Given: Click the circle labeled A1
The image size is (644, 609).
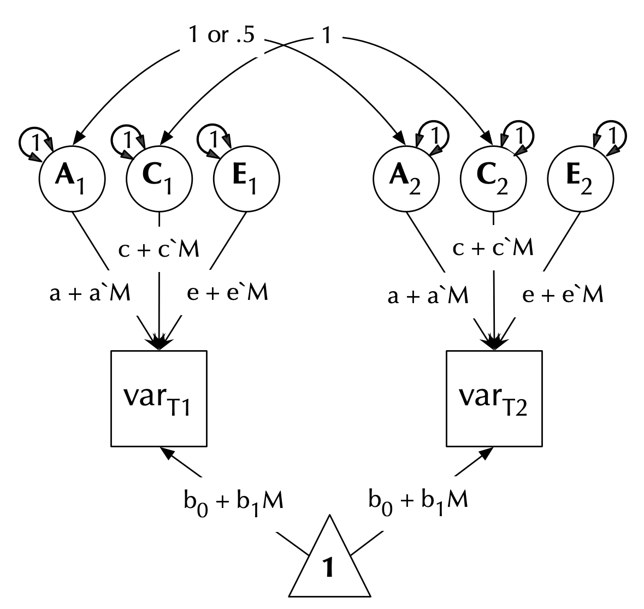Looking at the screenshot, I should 72,180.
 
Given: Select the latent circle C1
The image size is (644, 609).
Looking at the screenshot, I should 159,180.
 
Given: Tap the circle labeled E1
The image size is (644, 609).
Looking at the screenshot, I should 246,180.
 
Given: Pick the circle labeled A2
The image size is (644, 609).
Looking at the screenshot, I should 406,180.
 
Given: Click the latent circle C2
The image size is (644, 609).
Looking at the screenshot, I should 493,180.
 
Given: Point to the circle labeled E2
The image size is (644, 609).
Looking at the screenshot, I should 581,180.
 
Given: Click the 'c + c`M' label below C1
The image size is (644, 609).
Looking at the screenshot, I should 159,249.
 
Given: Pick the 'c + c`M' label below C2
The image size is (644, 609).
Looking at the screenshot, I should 493,249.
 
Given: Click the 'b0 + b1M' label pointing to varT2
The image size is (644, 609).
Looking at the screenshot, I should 418,501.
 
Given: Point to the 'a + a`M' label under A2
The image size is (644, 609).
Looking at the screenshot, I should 428,295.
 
